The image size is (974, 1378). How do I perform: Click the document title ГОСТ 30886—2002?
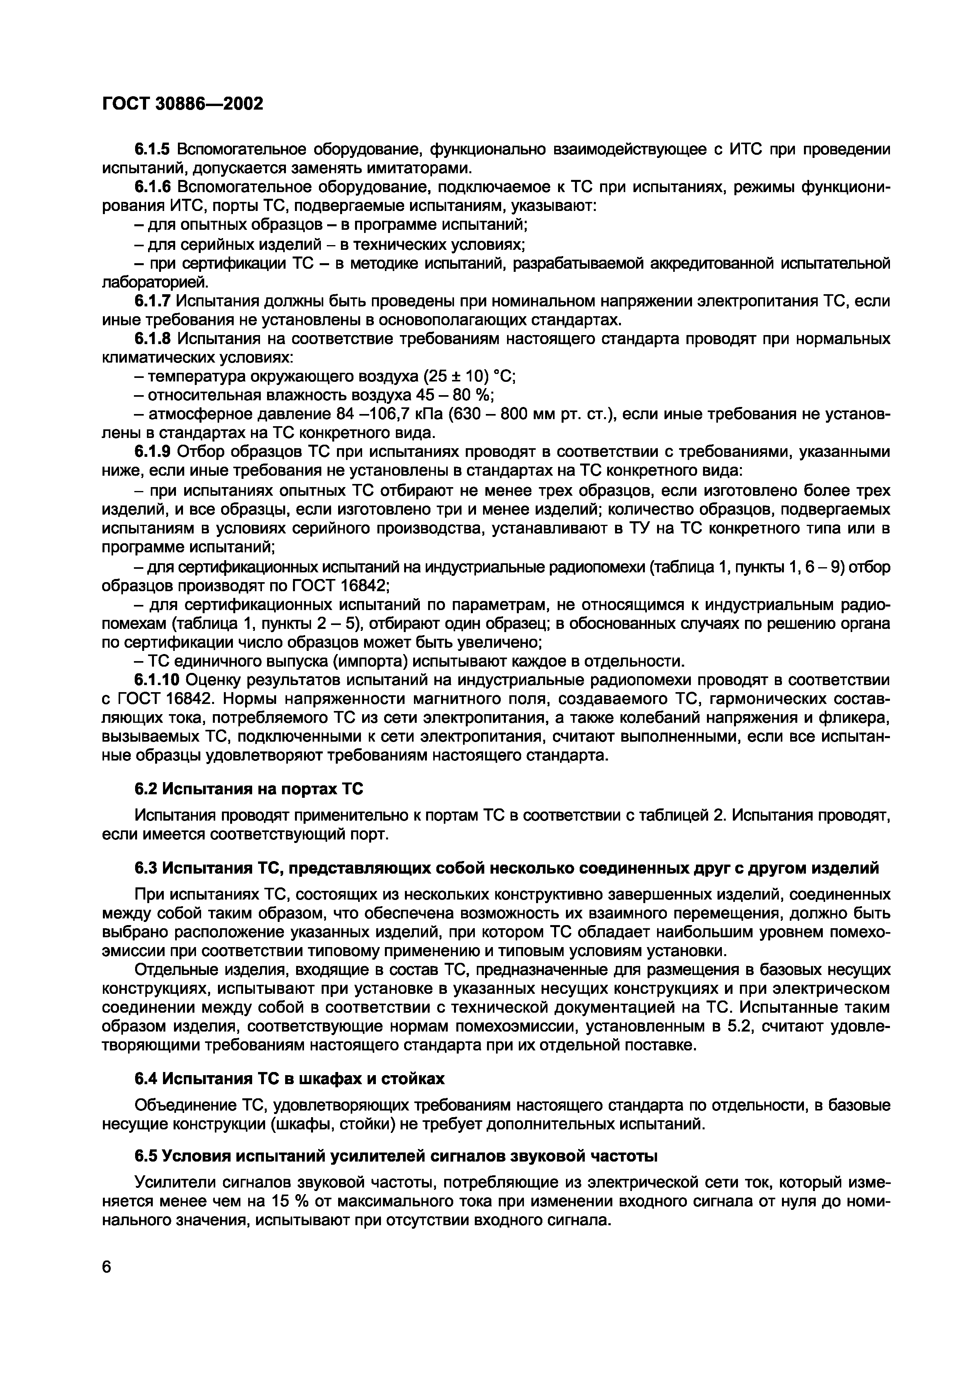click(183, 104)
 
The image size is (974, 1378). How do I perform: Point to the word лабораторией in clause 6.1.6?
click(156, 282)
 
